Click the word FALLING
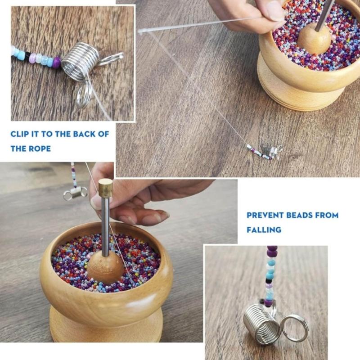tap(264, 229)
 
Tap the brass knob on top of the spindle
tap(105, 186)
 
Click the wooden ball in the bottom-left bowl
tap(105, 267)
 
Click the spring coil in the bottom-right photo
tap(261, 323)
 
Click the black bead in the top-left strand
tap(27, 56)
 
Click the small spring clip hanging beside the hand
tap(75, 193)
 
